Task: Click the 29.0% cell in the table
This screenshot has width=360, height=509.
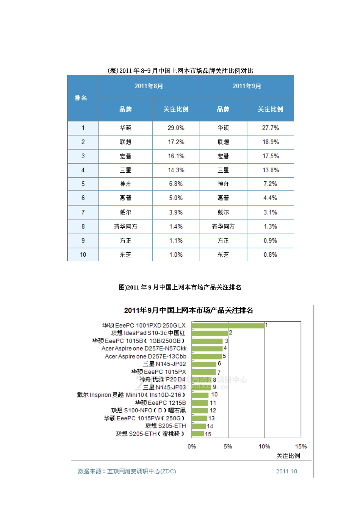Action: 176,128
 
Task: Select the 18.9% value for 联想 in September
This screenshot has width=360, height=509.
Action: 270,142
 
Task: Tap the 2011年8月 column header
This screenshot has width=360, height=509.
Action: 149,86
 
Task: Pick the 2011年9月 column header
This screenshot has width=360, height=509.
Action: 247,86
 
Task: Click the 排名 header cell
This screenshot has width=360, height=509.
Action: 81,98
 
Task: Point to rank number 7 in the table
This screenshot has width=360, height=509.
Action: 83,212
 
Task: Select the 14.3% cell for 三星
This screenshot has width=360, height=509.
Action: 176,170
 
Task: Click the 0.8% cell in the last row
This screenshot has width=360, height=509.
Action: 270,255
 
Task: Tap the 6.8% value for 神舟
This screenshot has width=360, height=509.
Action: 176,184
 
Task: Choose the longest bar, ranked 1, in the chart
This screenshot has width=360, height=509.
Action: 228,325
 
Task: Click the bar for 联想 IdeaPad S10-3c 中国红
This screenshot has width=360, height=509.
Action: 210,333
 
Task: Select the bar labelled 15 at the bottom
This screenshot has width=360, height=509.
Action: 198,434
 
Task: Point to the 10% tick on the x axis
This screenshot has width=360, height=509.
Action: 264,447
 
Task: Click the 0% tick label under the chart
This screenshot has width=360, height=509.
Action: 192,447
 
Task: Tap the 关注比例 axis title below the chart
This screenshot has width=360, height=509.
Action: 288,456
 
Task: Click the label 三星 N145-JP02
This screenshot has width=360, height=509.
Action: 164,364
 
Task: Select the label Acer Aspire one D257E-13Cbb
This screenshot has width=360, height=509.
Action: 146,356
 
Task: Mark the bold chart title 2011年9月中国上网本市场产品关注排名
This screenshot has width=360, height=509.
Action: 188,311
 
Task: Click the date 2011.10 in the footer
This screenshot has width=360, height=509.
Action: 286,472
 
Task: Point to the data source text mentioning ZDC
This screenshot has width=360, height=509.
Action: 127,472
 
